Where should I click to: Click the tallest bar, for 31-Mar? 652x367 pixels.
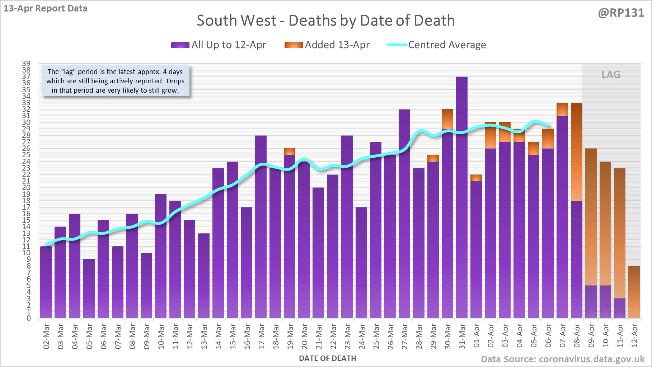click(462, 198)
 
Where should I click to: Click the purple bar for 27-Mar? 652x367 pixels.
click(404, 214)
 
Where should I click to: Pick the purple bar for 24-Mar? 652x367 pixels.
click(361, 263)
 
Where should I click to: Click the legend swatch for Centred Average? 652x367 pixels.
click(397, 45)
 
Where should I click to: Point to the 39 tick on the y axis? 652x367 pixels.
click(26, 64)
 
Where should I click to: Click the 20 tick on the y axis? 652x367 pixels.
click(26, 187)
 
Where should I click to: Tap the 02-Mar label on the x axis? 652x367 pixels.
click(46, 336)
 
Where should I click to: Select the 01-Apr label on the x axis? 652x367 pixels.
click(477, 336)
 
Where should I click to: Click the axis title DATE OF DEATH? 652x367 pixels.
click(327, 358)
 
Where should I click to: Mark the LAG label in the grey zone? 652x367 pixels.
click(611, 75)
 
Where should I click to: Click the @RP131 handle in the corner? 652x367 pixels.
click(621, 13)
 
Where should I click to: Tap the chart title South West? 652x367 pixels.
click(325, 20)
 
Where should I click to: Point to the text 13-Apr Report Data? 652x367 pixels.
click(46, 8)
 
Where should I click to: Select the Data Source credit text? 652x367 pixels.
click(562, 359)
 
